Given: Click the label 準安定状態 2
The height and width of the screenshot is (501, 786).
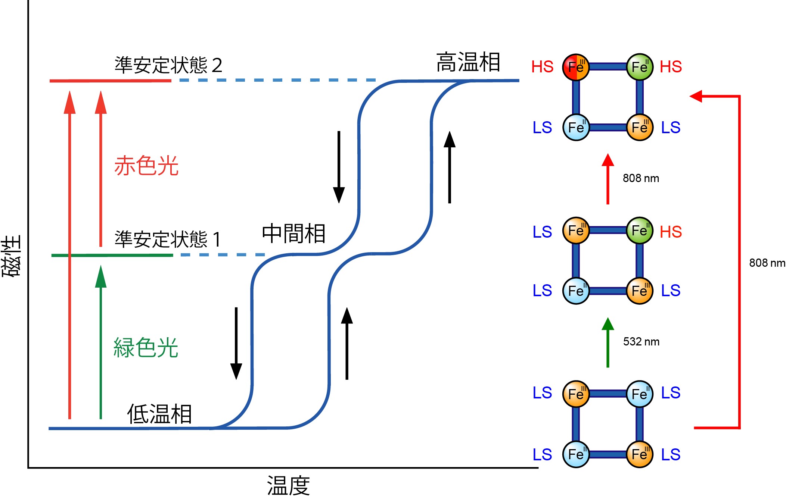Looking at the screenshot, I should pos(168,65).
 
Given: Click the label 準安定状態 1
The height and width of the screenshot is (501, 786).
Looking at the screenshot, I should pos(168,239).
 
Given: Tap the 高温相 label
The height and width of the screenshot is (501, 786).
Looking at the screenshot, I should pos(468,62).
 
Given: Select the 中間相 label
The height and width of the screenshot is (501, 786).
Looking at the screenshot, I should pos(293,234).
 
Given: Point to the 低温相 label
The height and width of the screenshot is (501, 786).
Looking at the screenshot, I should pos(159,414).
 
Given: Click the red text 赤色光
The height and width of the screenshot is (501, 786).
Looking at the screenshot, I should pos(146,166).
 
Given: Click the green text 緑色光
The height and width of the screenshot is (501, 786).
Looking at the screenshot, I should pos(146,348).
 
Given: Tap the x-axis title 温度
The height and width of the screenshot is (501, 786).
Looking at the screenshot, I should pos(288,486).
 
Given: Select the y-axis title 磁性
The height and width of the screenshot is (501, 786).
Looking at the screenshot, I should pos(11,256).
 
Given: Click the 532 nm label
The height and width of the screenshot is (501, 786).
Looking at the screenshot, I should pos(641,342).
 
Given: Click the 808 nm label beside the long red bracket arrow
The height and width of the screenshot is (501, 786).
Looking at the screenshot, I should pos(767,263).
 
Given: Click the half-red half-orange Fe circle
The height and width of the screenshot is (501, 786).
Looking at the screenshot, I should pos(576,67).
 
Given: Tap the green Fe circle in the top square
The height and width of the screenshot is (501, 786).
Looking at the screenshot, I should pos(640,67).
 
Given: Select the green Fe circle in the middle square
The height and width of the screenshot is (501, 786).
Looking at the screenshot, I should pos(640,231).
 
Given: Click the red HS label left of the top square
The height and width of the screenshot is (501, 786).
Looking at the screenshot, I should pos(542,67).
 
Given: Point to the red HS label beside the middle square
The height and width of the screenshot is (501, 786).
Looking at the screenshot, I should pos(671,232).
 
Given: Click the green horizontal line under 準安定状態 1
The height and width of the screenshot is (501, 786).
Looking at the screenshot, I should pos(112,255).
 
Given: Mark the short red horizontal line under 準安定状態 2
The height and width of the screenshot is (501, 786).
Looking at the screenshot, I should pos(111,81).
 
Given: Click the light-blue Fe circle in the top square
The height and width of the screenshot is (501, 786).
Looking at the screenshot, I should pos(576,128).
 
